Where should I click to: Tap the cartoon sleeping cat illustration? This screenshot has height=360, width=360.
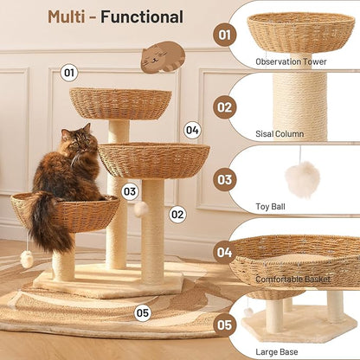click(163, 57)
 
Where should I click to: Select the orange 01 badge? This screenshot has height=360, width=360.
click(226, 35)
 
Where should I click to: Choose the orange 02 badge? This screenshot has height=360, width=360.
click(226, 107)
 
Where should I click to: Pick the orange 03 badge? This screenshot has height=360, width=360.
click(226, 179)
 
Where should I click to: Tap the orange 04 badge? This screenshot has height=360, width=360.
click(226, 253)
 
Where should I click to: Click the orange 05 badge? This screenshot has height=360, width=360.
click(226, 325)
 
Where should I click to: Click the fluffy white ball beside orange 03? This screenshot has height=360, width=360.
click(302, 179)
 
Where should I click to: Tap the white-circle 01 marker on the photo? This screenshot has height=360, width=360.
click(70, 74)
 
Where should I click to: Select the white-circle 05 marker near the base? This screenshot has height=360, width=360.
click(142, 313)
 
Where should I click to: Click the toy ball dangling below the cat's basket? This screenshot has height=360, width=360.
click(27, 259)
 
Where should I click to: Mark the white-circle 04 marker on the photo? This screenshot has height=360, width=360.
click(192, 131)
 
